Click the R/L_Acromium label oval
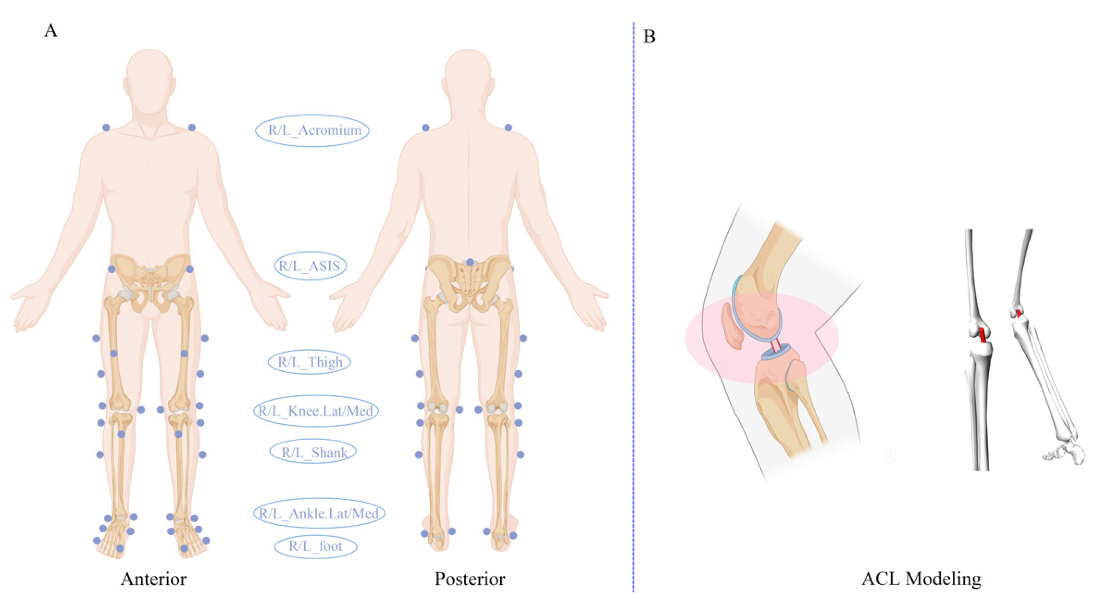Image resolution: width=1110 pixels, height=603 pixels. pos(313,130)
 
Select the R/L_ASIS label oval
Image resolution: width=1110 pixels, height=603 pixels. pos(310,266)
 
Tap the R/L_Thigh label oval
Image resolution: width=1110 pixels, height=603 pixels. pos(309,362)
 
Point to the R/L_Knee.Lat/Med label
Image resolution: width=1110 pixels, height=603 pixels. pos(316,411)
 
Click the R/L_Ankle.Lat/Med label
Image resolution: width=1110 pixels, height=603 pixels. pos(319,513)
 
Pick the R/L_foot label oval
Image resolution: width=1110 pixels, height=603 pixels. pos(316,546)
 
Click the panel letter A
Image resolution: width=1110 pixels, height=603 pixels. pos(50,31)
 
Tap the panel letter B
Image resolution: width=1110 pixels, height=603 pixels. pos(649,37)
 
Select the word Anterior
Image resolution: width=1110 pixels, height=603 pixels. pos(154,579)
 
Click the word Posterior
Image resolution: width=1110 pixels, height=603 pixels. pos(470,579)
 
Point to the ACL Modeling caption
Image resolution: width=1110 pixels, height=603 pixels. pos(921,579)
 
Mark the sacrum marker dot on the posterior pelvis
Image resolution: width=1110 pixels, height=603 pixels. pos(470,262)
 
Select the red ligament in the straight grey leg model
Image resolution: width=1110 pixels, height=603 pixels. pos(983,335)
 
